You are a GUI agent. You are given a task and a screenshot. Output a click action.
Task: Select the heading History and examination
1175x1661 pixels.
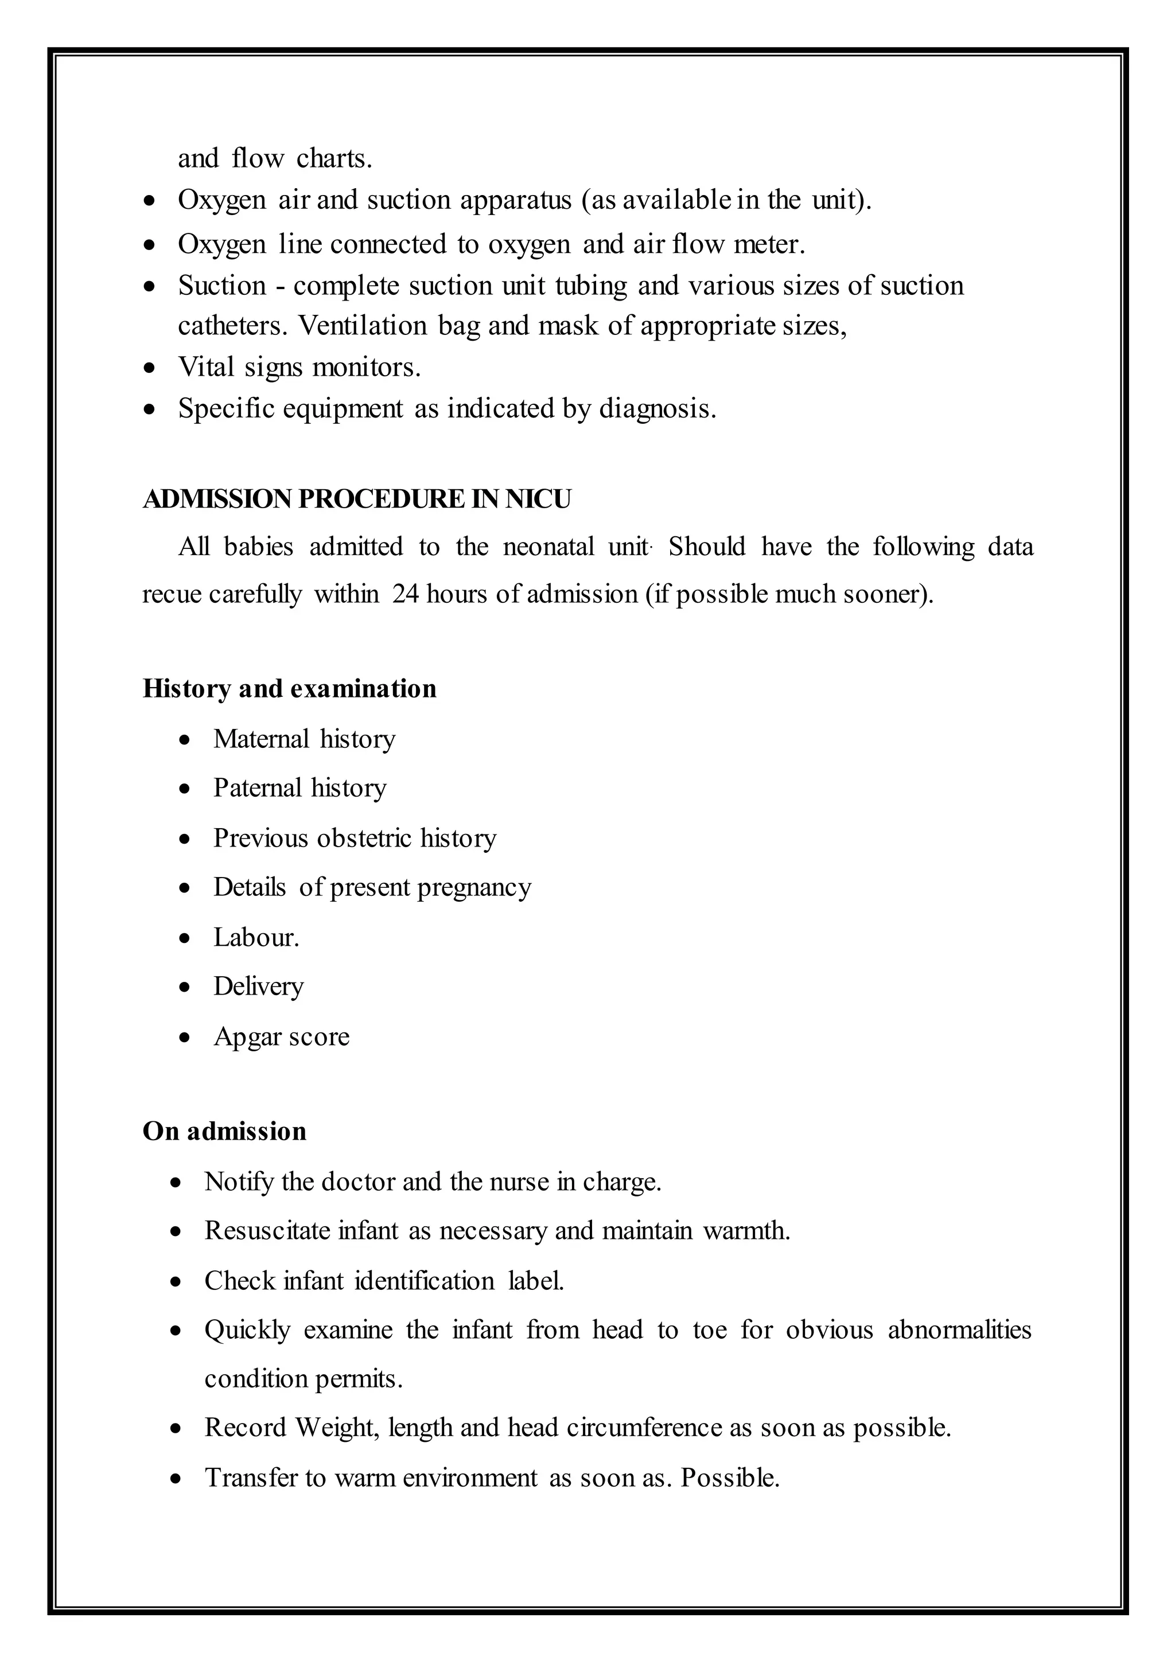pyautogui.click(x=289, y=689)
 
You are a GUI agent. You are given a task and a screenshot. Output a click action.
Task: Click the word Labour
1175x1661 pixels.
pyautogui.click(x=255, y=938)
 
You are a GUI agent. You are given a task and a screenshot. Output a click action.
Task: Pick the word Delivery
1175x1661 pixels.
pyautogui.click(x=258, y=987)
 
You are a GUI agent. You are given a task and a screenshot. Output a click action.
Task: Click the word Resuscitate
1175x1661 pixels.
pyautogui.click(x=267, y=1231)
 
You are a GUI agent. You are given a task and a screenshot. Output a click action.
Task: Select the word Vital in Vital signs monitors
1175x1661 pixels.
pyautogui.click(x=205, y=368)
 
